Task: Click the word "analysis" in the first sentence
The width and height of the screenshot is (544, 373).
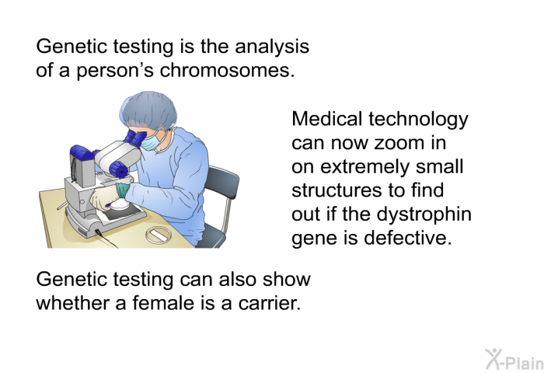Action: point(272,47)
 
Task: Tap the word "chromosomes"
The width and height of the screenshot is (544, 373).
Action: point(225,70)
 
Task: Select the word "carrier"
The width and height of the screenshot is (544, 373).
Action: point(269,304)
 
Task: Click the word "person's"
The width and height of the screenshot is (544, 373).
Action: point(114,71)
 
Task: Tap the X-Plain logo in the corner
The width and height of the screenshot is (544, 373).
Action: point(514,359)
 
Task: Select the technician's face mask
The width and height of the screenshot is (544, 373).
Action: point(152,141)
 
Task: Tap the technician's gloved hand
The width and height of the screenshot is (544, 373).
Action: point(103,200)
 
